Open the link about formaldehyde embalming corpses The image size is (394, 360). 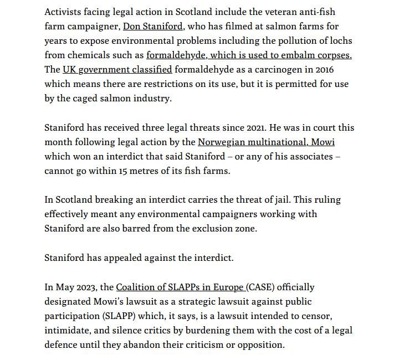pos(249,55)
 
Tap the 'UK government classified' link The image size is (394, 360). pos(117,70)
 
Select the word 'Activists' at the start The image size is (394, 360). pos(66,12)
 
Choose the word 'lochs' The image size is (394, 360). pos(340,41)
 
